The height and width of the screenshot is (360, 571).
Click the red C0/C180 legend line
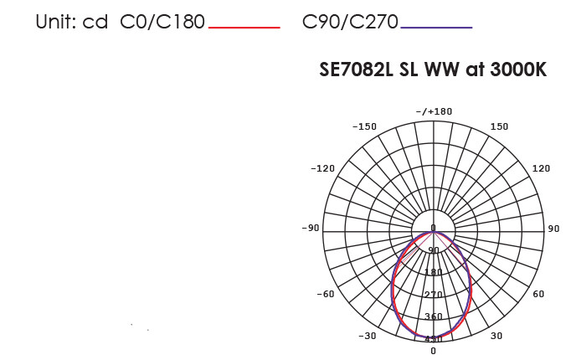pyautogui.click(x=244, y=28)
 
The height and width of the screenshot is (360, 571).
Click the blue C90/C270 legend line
pyautogui.click(x=436, y=28)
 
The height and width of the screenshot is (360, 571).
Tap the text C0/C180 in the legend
pyautogui.click(x=162, y=22)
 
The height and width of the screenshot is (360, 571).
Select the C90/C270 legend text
pyautogui.click(x=350, y=22)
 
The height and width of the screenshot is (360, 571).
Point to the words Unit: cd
pyautogui.click(x=72, y=22)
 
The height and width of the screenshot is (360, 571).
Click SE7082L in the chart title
pyautogui.click(x=356, y=69)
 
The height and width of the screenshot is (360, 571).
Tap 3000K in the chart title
pyautogui.click(x=518, y=69)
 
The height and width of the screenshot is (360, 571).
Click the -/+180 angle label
pyautogui.click(x=434, y=111)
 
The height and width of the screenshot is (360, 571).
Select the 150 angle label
pyautogui.click(x=499, y=126)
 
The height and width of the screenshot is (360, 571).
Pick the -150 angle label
pyautogui.click(x=364, y=126)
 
